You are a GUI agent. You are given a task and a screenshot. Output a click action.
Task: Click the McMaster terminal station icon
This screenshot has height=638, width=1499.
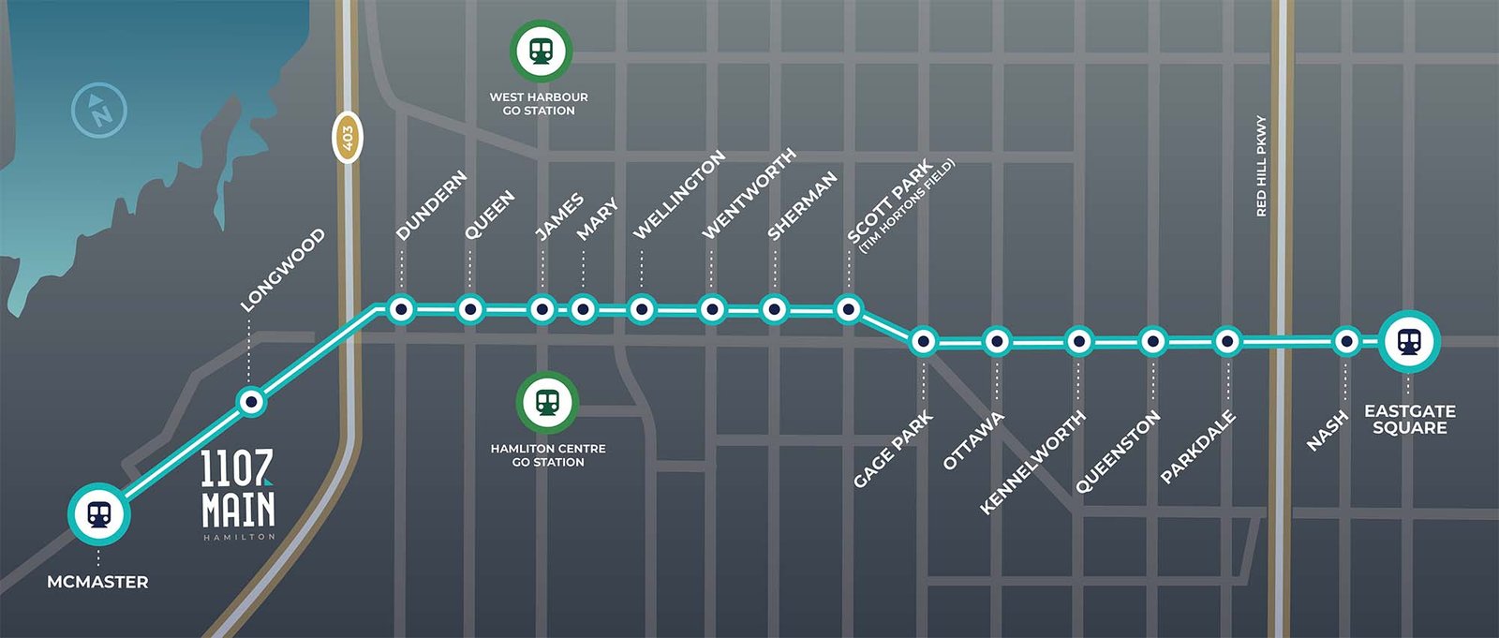click(x=98, y=513)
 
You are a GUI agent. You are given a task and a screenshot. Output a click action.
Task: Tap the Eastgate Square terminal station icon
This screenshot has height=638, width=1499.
click(x=1408, y=341)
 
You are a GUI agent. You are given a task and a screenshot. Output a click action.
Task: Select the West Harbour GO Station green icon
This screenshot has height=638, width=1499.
click(x=541, y=51)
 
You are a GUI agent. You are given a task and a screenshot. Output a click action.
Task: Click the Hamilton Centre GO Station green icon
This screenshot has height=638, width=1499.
click(x=547, y=403)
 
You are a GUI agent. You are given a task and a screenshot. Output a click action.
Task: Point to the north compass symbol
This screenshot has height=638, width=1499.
click(x=99, y=111)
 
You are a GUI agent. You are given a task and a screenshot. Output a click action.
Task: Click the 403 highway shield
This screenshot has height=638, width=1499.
click(x=347, y=138)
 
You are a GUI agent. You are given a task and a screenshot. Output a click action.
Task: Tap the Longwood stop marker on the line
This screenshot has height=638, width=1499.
click(x=250, y=402)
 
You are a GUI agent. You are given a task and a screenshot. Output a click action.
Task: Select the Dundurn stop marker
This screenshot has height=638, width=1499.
click(x=401, y=308)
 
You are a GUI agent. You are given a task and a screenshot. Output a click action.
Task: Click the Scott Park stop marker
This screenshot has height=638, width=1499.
click(x=848, y=308)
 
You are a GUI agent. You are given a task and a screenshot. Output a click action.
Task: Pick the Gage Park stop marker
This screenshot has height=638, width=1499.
click(x=923, y=342)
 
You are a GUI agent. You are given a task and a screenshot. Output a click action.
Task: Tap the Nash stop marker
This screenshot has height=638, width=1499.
click(x=1345, y=342)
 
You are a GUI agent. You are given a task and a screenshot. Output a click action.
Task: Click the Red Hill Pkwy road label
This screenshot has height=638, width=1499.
click(x=1261, y=166)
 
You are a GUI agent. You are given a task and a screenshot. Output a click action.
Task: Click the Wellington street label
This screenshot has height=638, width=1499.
click(x=679, y=194)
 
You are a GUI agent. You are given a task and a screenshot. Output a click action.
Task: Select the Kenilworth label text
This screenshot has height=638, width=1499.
click(x=1032, y=461)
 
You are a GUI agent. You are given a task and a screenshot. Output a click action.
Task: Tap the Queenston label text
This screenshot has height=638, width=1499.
click(x=1117, y=452)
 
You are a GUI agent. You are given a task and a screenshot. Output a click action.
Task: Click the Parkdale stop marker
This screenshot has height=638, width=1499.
click(x=1227, y=342)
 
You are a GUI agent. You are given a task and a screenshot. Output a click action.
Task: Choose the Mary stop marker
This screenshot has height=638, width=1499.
click(x=583, y=308)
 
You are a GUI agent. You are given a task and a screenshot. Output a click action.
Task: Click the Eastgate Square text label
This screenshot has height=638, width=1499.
click(x=1409, y=419)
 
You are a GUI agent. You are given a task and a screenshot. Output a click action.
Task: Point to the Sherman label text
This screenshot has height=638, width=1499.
click(x=802, y=205)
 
